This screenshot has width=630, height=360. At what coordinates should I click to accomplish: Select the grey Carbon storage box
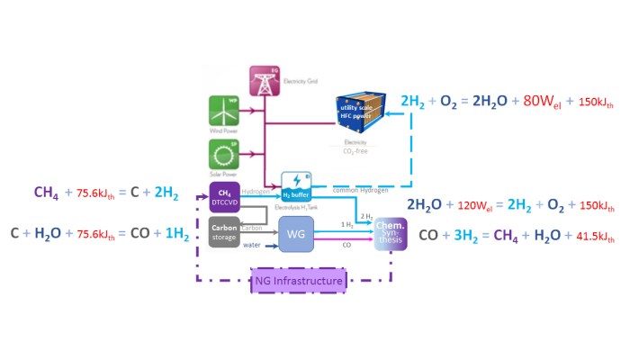tap(224, 231)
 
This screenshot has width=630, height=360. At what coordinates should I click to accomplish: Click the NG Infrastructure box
tap(299, 282)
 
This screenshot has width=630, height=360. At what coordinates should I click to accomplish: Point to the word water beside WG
tap(255, 244)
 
